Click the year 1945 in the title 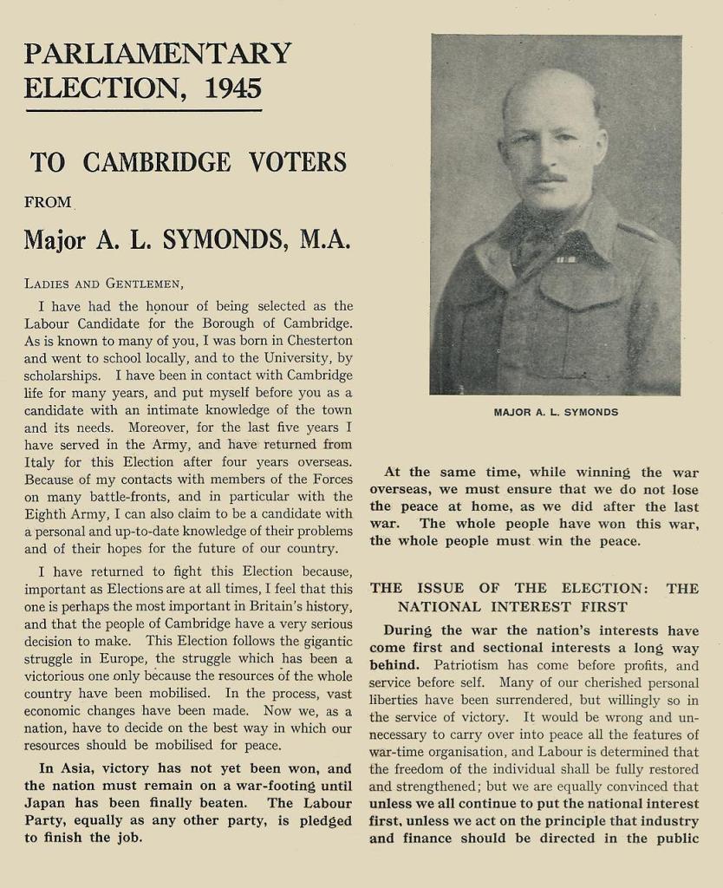click(x=233, y=88)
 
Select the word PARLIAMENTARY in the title click(x=158, y=54)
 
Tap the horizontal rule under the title click(x=143, y=111)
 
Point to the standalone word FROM click(x=48, y=202)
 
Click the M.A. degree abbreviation click(x=324, y=239)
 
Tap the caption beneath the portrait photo click(x=556, y=412)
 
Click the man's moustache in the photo click(x=548, y=178)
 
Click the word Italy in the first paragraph click(x=40, y=462)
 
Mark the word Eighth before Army click(x=49, y=513)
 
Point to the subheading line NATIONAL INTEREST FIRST click(x=512, y=607)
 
